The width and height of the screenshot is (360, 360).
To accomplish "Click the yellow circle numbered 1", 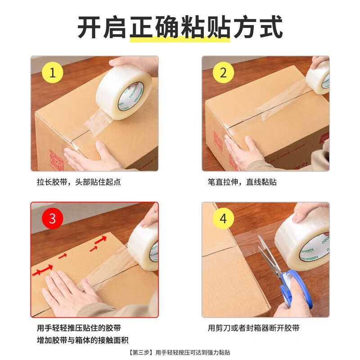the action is pyautogui.click(x=52, y=72).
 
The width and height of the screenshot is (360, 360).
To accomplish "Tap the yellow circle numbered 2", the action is pyautogui.click(x=223, y=72).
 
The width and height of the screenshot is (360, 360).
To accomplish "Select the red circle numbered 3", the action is pyautogui.click(x=52, y=218).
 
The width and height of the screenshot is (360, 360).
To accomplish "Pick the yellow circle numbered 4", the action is pyautogui.click(x=223, y=218).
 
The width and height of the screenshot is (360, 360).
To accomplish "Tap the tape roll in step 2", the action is pyautogui.click(x=318, y=77).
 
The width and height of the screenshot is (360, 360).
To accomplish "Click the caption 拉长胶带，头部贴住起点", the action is pyautogui.click(x=79, y=182).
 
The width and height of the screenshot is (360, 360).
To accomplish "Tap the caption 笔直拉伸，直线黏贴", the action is pyautogui.click(x=242, y=182).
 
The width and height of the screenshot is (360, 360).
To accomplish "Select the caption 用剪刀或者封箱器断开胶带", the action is pyautogui.click(x=254, y=328).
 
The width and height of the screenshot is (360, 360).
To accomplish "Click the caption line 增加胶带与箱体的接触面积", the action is pyautogui.click(x=83, y=340).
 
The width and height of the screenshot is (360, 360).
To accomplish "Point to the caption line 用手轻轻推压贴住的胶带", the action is pyautogui.click(x=79, y=328).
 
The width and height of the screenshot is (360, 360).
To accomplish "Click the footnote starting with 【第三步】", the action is pyautogui.click(x=179, y=352).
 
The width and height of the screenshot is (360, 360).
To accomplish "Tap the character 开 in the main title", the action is pyautogui.click(x=89, y=27).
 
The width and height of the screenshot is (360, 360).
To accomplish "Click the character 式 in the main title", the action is pyautogui.click(x=271, y=27).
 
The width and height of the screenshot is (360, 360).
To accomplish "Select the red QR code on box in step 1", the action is pyautogui.click(x=57, y=160).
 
